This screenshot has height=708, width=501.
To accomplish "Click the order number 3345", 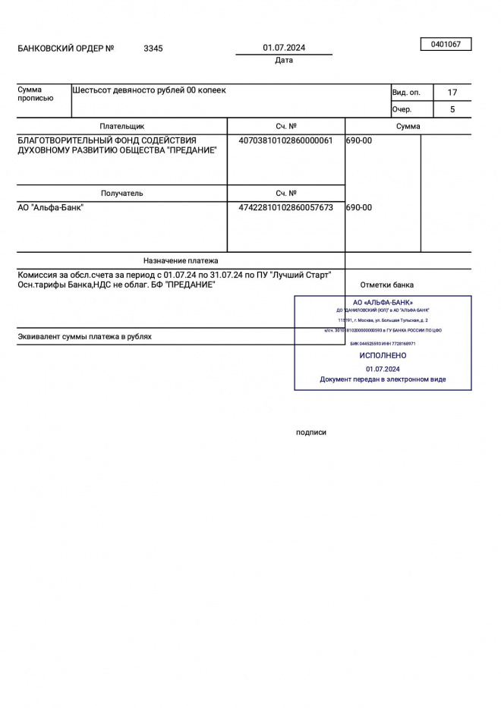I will pos(153,49).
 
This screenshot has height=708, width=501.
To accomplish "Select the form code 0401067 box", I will pos(446,45).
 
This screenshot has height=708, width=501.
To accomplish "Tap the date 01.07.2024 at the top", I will pos(284,48).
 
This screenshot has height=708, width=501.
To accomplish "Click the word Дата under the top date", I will pos(284,61).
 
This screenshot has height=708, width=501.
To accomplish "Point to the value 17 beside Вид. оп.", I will pos(452,93).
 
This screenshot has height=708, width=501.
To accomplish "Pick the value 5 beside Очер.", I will pos(452,109).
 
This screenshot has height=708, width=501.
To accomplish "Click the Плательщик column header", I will pos(121,127).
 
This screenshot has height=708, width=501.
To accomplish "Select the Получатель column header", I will pos(121,194).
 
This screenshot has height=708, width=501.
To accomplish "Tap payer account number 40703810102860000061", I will pos(285,140).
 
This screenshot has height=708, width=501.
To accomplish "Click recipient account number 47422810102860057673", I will pos(285,207).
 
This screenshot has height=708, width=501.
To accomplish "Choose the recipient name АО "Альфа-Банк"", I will pos(51,207).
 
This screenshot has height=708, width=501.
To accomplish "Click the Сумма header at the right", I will pos(408,127).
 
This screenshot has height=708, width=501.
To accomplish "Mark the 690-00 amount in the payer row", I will pos(359,140).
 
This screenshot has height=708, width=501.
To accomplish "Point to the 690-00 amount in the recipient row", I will pos(359,207).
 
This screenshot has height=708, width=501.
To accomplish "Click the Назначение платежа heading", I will pos(181,260).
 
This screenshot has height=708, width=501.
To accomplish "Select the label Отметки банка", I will pos(387,285).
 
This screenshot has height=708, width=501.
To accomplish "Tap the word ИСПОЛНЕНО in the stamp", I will pos(383,355).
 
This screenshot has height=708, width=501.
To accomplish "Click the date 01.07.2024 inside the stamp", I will pos(383,368).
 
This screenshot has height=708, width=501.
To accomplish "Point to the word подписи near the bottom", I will pos(311,433).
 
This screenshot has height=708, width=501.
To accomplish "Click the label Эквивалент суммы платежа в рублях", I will pos(84,336).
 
